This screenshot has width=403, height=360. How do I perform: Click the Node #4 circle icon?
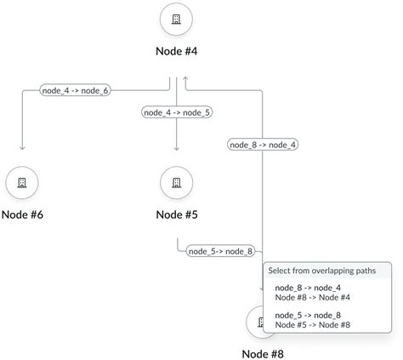176,19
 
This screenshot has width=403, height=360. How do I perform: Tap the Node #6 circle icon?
22,182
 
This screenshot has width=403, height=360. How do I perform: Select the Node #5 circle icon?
176,182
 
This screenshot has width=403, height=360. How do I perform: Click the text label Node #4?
176,51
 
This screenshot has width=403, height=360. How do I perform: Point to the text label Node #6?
22,214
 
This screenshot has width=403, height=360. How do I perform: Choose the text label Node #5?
176,214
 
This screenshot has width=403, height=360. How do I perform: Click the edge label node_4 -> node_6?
76,90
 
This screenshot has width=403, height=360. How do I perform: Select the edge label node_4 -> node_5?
177,112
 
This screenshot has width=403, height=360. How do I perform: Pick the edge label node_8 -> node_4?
263,145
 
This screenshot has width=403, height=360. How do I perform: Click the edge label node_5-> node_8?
220,251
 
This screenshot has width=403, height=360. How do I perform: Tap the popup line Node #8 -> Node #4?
312,297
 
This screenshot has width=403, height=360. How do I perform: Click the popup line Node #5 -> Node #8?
312,324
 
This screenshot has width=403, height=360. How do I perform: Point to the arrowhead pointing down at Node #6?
22,147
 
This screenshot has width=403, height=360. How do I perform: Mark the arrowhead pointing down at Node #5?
176,147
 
